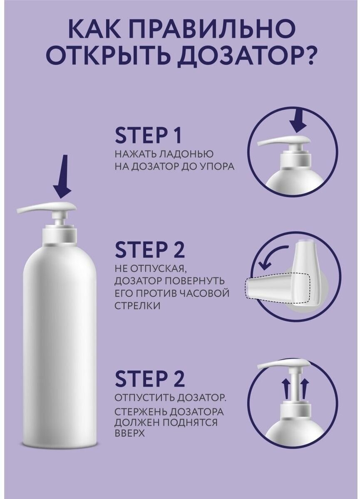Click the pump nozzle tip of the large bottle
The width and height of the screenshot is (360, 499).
pos(20,210)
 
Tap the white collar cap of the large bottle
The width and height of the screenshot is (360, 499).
pos(60,236)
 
